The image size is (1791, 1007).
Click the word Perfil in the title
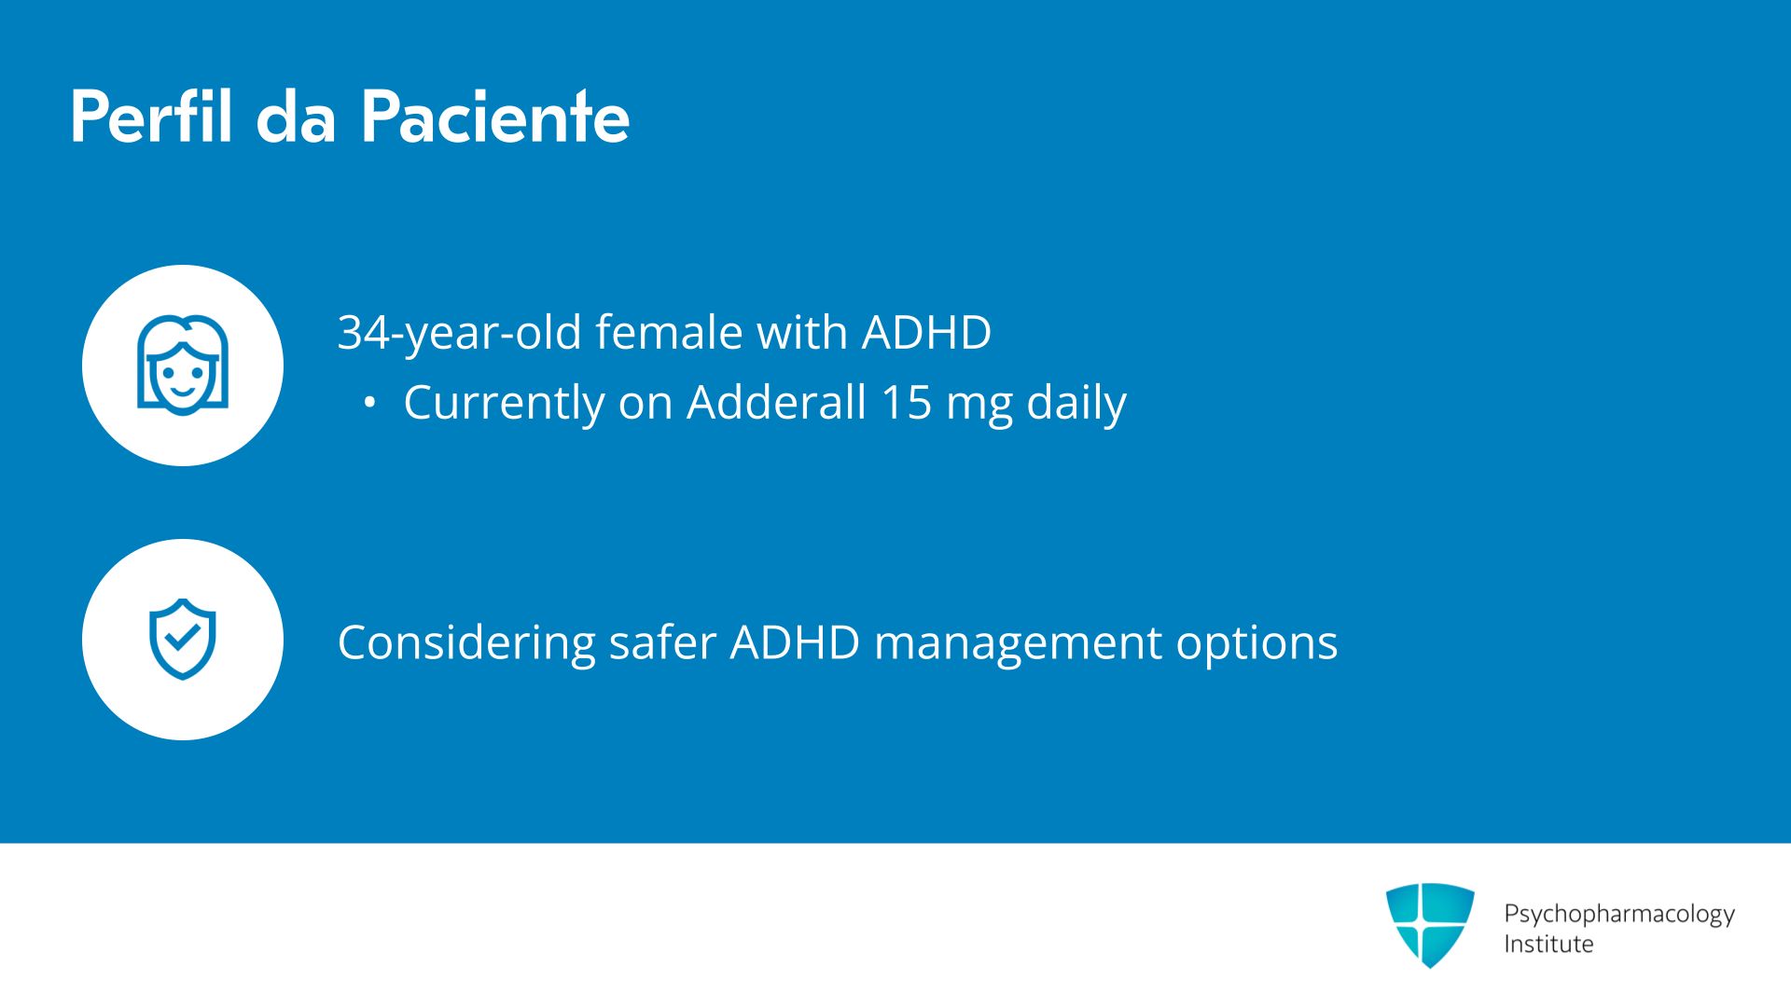(x=151, y=117)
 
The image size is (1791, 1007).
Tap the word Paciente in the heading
(x=495, y=117)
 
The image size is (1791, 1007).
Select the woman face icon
(x=183, y=365)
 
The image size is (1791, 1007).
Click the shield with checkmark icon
(x=183, y=640)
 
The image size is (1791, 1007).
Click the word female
(x=670, y=332)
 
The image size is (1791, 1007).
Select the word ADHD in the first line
(x=926, y=332)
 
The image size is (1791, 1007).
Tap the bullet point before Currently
(x=370, y=403)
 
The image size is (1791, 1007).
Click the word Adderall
(x=777, y=402)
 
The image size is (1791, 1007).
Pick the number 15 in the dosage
(x=906, y=403)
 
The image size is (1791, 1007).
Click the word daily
(x=1076, y=404)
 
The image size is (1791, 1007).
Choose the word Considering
(x=466, y=643)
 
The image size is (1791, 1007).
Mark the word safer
(x=662, y=642)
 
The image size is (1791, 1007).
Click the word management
(x=1019, y=643)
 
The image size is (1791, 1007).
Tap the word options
(x=1256, y=643)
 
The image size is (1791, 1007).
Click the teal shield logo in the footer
(x=1430, y=924)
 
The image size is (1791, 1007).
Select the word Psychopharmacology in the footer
(x=1619, y=914)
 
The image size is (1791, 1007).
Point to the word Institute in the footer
(x=1548, y=945)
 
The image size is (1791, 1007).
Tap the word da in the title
(x=296, y=117)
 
